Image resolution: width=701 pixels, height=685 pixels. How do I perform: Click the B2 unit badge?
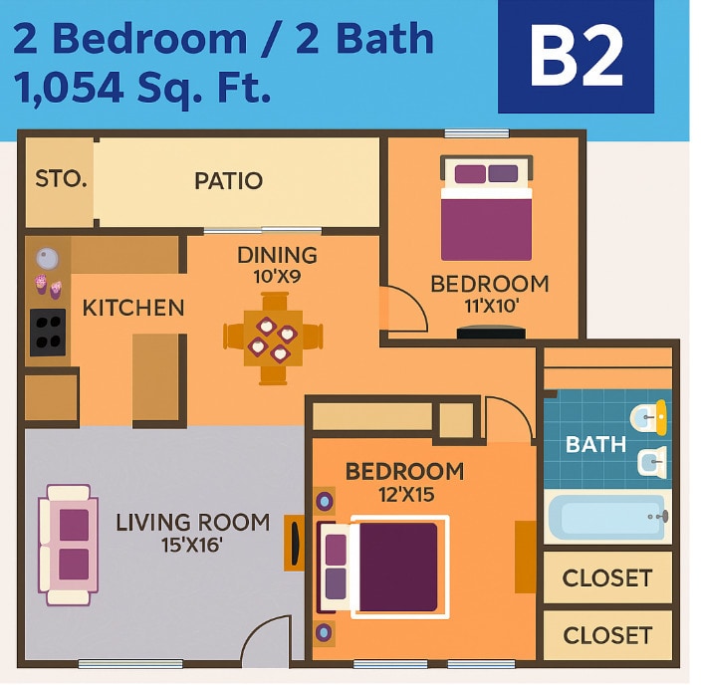[x=576, y=57]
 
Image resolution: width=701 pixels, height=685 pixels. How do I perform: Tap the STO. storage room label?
[x=61, y=179]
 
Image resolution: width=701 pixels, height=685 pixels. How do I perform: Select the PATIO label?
[x=228, y=180]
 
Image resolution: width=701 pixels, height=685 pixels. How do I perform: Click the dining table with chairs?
[x=273, y=339]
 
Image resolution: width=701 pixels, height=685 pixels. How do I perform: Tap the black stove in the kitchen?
[x=48, y=333]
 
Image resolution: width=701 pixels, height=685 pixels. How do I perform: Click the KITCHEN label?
[x=132, y=308]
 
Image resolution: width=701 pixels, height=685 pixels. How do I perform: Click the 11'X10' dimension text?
[x=489, y=307]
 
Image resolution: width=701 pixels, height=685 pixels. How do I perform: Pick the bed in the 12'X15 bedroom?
[x=383, y=566]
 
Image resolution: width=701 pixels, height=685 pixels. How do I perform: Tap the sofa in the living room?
[x=68, y=546]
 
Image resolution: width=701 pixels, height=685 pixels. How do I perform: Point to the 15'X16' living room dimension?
[x=191, y=545]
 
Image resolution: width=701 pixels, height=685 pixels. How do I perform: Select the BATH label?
[x=595, y=444]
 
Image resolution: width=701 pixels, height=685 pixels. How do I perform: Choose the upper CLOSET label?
[x=606, y=578]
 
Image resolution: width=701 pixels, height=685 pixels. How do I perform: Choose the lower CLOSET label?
[x=606, y=635]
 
